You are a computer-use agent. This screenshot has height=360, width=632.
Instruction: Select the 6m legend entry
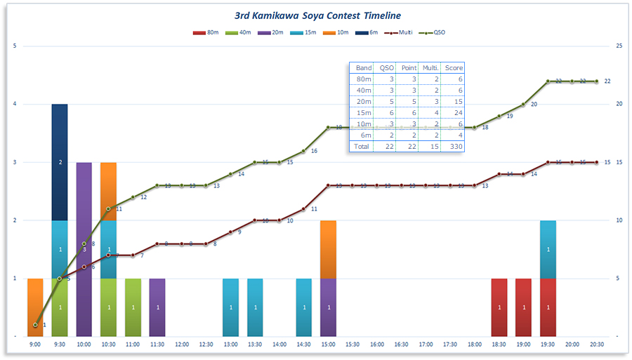coord(369,32)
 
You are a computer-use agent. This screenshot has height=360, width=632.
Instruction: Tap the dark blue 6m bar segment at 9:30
coord(60,162)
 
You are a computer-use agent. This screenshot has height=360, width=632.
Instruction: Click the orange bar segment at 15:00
coord(328,249)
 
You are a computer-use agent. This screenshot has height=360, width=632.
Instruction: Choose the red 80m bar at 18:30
coord(499,307)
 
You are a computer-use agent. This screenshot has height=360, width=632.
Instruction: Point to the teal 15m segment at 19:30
coord(548,249)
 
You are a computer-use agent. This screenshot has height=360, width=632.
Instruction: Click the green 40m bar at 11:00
coord(133,307)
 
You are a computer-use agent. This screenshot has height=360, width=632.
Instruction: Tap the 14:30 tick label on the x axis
coord(303,345)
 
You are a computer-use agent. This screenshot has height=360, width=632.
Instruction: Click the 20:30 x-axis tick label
coord(597,345)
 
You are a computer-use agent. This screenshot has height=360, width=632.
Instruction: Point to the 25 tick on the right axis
coord(619,46)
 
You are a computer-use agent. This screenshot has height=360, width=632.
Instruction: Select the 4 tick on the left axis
coord(14,105)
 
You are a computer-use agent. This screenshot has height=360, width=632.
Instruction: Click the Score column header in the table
coord(454,68)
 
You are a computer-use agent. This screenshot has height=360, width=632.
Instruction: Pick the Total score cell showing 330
coord(454,147)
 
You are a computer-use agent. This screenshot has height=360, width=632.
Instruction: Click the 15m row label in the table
coord(363,113)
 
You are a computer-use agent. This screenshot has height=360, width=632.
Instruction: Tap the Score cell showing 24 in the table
coord(454,113)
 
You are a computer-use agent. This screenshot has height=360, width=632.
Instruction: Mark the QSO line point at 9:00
coord(35,325)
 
